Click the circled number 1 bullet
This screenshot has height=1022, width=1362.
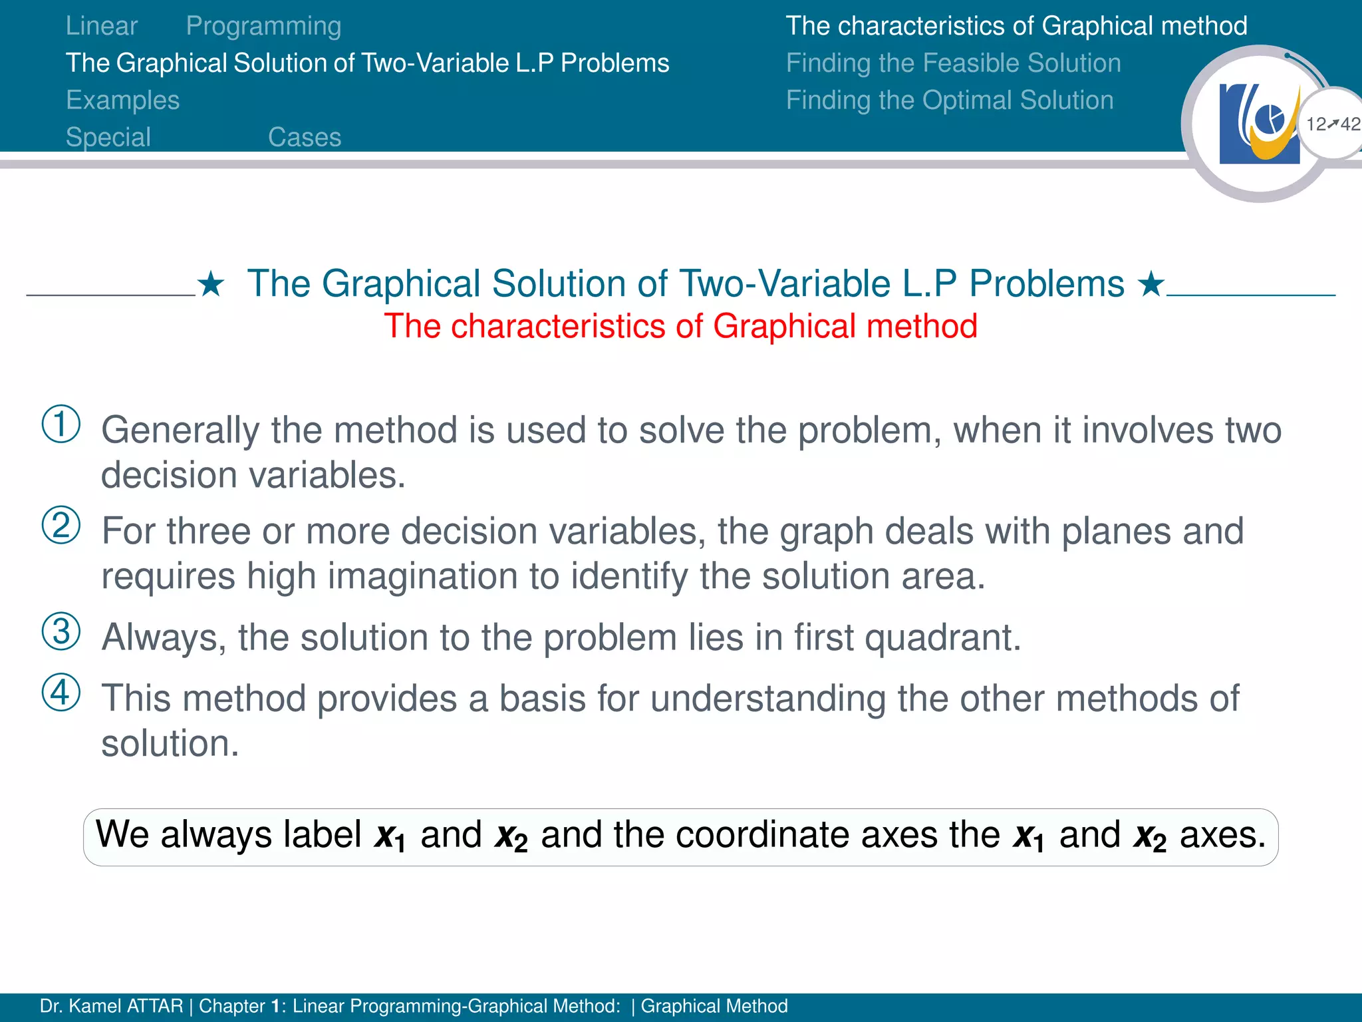click(61, 425)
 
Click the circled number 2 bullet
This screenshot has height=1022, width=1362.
click(61, 526)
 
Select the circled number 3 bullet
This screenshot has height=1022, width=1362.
click(61, 631)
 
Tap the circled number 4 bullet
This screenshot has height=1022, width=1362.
click(61, 693)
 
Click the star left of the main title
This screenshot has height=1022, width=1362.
click(211, 285)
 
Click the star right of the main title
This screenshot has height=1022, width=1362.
click(1151, 285)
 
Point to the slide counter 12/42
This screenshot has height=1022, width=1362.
click(1333, 124)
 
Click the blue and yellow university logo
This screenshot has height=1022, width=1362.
click(1259, 124)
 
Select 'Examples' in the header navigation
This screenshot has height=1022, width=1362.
click(123, 100)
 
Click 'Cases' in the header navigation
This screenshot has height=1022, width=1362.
click(305, 138)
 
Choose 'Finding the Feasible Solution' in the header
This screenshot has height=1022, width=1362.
click(953, 63)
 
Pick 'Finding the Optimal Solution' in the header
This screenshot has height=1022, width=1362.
click(949, 100)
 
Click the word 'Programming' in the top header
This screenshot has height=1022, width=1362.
click(263, 26)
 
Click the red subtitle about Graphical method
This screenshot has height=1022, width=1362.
click(680, 327)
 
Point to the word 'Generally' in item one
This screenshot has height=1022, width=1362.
click(180, 430)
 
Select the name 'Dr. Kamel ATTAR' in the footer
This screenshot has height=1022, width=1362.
click(111, 1006)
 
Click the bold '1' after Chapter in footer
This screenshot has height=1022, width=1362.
click(275, 1006)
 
